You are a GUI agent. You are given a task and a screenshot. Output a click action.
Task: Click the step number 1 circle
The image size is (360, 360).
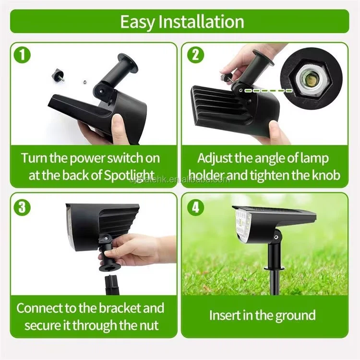(x=22, y=55)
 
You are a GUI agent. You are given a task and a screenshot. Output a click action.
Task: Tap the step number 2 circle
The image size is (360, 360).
(x=195, y=55)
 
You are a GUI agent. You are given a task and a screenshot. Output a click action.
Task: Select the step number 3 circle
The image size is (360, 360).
(x=22, y=207)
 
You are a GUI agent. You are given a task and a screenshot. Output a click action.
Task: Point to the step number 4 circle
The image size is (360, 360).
(x=195, y=207)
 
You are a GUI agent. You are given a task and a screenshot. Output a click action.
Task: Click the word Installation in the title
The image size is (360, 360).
(x=201, y=22)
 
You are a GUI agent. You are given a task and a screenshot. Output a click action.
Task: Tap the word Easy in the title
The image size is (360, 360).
(x=138, y=22)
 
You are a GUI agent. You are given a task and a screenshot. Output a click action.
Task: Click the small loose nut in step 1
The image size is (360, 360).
(x=84, y=81)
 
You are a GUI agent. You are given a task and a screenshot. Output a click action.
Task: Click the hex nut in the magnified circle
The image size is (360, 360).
(x=311, y=79)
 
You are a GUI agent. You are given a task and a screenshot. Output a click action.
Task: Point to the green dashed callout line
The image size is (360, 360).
(x=268, y=91)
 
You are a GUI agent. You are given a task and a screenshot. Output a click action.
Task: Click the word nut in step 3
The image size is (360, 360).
(x=149, y=325)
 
